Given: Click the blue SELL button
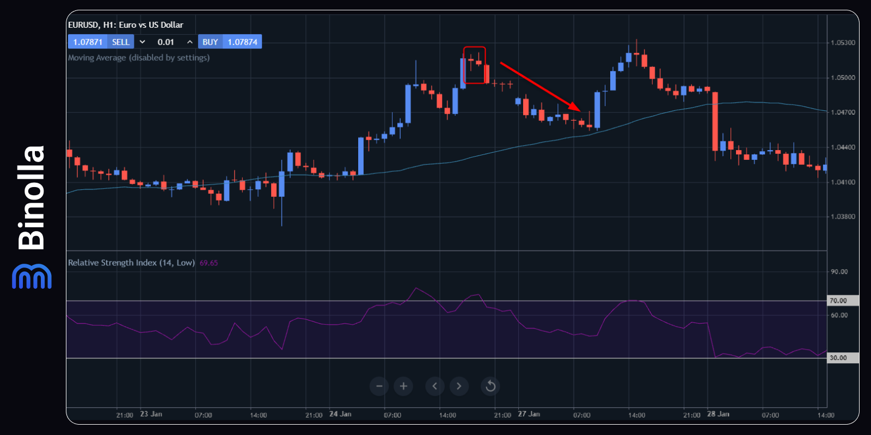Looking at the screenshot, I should click(120, 42).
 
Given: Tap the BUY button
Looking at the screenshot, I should click(210, 42).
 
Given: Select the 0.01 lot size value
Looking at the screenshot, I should click(165, 42).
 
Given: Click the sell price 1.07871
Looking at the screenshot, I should click(88, 42).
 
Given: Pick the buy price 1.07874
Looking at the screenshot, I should click(242, 42).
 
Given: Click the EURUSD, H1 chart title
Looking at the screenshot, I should click(126, 25).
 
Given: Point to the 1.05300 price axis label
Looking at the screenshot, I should click(843, 42).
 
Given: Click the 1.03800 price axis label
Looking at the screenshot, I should click(843, 216).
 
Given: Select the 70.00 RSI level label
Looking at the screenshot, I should click(838, 301).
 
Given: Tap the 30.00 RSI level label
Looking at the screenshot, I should click(838, 358).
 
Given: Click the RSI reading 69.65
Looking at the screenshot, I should click(208, 263).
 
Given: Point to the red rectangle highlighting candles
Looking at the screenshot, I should click(474, 65).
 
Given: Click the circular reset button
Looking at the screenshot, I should click(490, 386).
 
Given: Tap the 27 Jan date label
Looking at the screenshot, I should click(529, 414).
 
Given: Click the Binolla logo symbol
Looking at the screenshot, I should click(32, 276).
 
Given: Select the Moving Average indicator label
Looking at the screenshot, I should click(139, 58).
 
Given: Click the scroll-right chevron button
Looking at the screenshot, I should click(459, 386).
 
